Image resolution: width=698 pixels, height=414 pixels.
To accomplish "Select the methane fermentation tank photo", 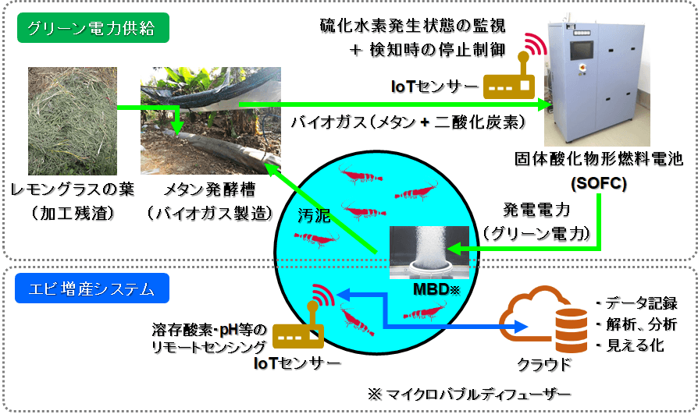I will pyautogui.click(x=210, y=125).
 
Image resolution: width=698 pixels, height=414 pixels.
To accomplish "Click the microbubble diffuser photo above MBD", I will pyautogui.click(x=429, y=249).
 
